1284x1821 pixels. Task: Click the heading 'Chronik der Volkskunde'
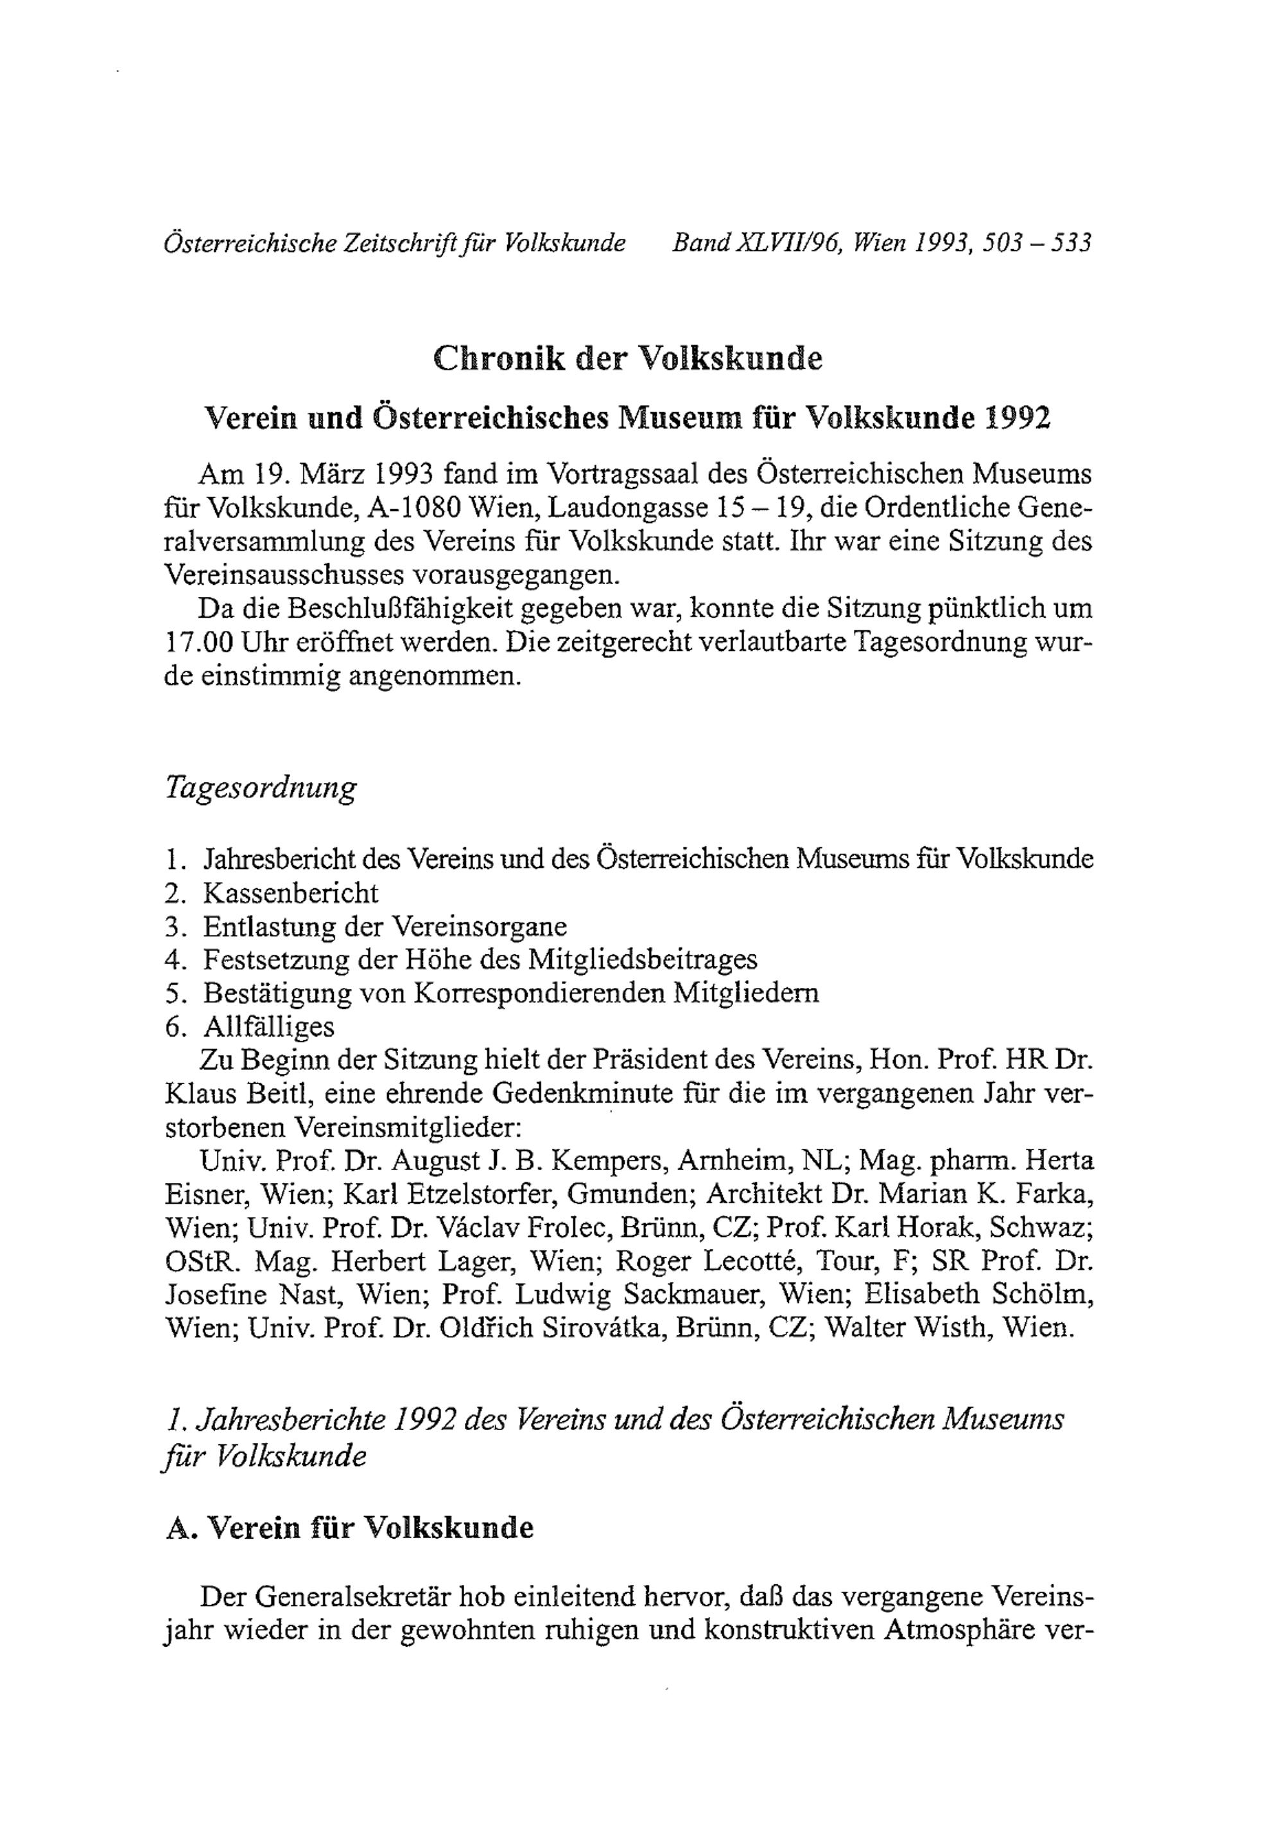pos(627,359)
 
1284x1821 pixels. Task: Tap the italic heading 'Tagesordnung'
pos(260,788)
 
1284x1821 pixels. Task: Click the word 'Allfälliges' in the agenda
pos(269,1026)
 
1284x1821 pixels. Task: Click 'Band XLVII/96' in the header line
pos(756,242)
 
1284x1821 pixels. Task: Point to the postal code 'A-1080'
pos(415,508)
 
